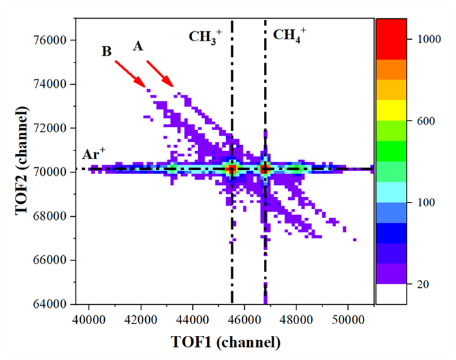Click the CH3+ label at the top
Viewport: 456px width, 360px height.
point(205,36)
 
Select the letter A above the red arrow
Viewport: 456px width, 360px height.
point(137,46)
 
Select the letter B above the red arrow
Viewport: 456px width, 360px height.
point(107,51)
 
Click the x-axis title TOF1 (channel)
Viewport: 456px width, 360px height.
point(225,342)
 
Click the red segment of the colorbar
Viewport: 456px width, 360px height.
point(391,39)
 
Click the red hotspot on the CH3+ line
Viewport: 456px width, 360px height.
point(231,169)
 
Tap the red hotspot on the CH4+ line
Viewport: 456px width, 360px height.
point(265,169)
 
